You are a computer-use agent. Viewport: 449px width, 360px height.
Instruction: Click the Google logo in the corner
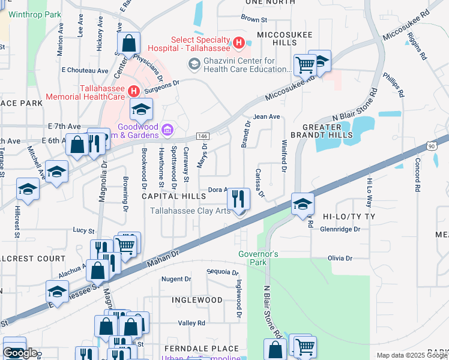pyautogui.click(x=20, y=353)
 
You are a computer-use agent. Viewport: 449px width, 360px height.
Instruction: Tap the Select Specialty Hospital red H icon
pyautogui.click(x=238, y=43)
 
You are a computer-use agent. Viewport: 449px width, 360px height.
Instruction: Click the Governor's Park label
pyautogui.click(x=259, y=258)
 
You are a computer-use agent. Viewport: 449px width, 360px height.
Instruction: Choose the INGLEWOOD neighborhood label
pyautogui.click(x=197, y=299)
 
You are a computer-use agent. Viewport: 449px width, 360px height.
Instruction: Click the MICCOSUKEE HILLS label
pyautogui.click(x=285, y=39)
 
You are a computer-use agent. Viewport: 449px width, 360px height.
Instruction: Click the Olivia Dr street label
pyautogui.click(x=340, y=258)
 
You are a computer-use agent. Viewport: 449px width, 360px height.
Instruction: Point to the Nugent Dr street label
pyautogui.click(x=176, y=279)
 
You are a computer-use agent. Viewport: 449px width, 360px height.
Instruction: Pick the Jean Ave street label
pyautogui.click(x=267, y=116)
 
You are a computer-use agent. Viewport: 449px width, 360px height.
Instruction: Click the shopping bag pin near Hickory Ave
pyautogui.click(x=129, y=43)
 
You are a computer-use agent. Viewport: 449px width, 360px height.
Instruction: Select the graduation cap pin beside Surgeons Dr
pyautogui.click(x=142, y=109)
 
